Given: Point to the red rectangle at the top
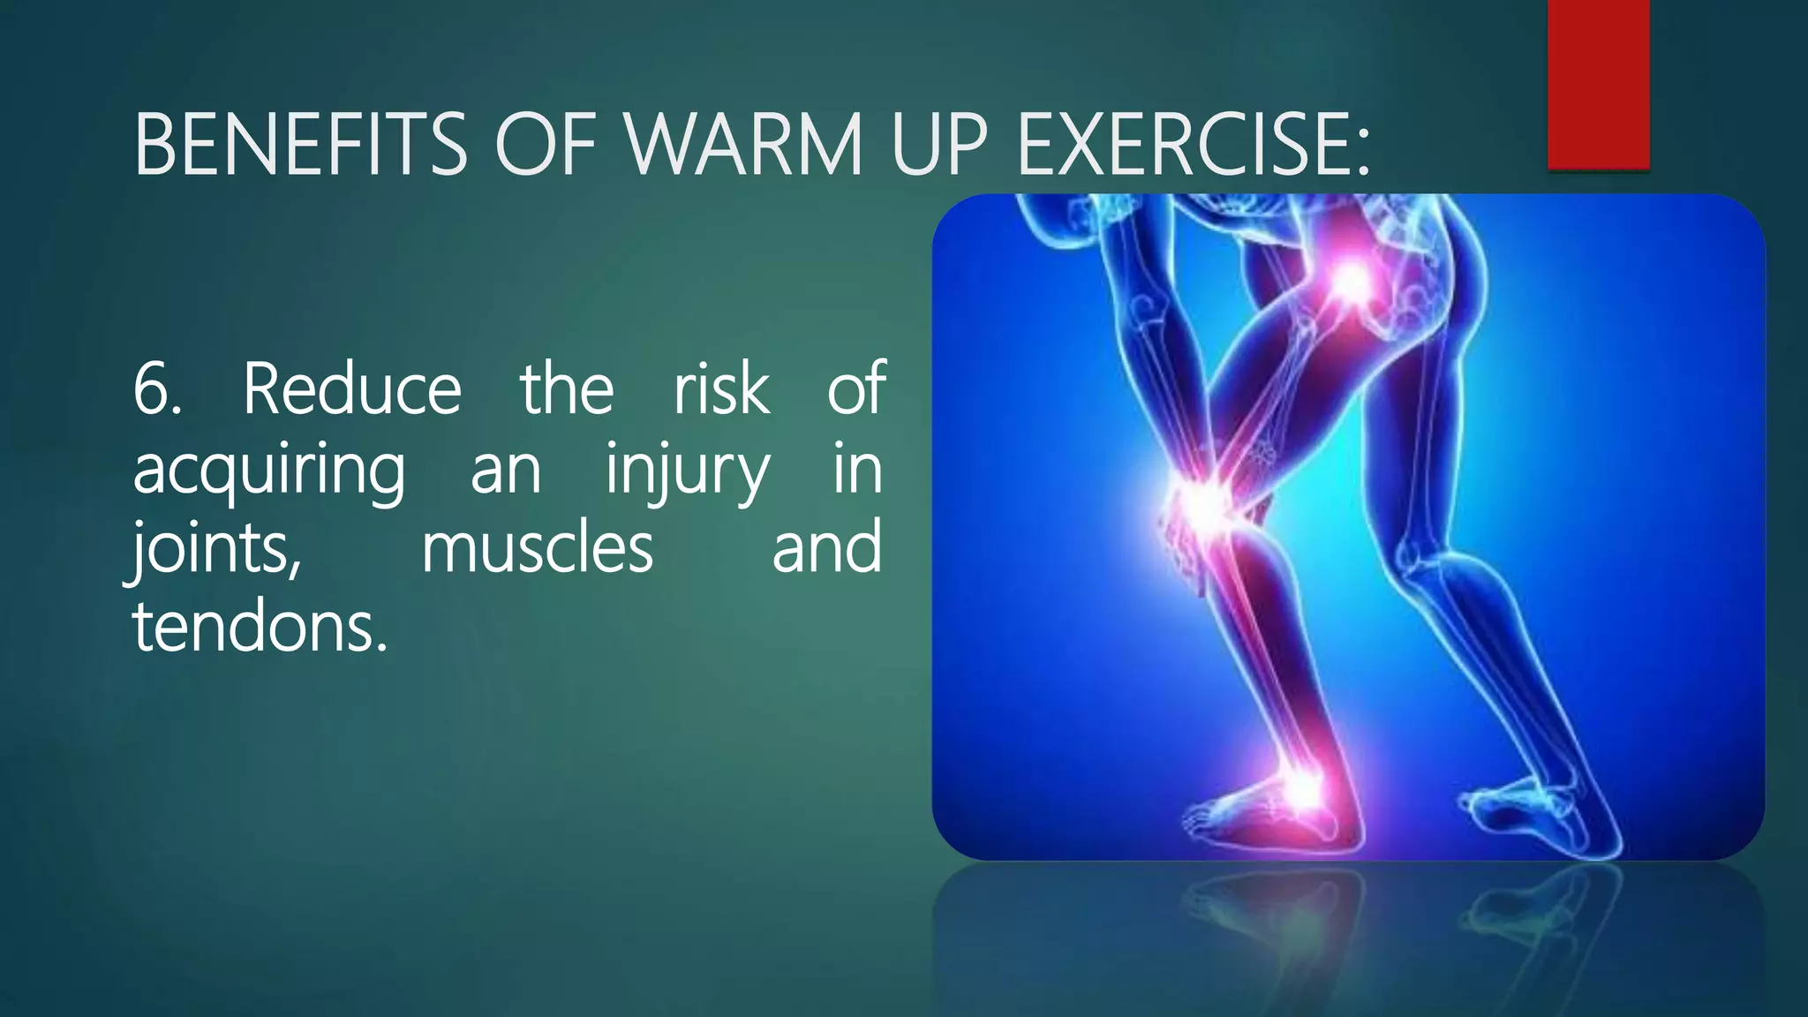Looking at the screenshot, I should (x=1598, y=84).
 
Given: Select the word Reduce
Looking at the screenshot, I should (x=351, y=388).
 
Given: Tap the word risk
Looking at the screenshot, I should (x=721, y=388).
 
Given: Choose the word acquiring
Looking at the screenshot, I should (x=268, y=470).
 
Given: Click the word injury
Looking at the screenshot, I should (x=687, y=470).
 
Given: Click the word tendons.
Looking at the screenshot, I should (x=260, y=627).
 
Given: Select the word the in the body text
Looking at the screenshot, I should (x=566, y=388).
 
